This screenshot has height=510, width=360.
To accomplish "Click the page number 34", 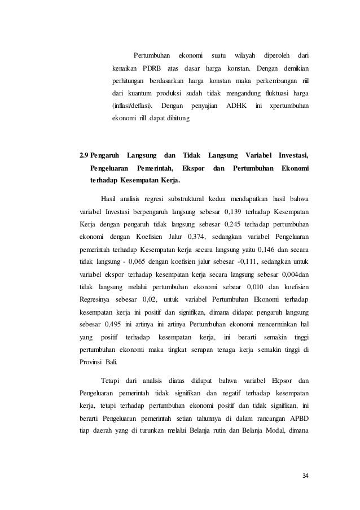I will pos(306,474).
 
